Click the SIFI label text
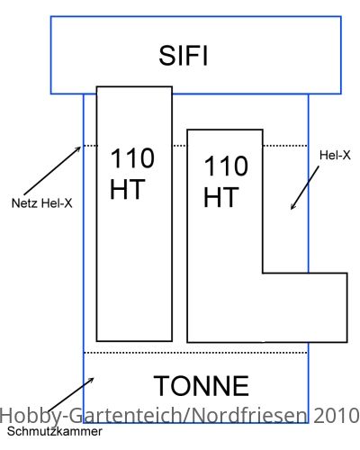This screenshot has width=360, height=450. coord(183,56)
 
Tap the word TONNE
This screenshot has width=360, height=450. coord(202,386)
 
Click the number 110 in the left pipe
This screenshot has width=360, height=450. coord(132,158)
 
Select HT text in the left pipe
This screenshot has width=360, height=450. coord(128,189)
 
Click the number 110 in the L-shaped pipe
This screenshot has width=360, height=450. coord(226,166)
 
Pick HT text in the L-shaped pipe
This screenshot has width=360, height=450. coord(221,197)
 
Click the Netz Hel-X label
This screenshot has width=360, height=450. coord(41,203)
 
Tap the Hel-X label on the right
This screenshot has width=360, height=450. coord(335,155)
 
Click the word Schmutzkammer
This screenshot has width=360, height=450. coord(55,431)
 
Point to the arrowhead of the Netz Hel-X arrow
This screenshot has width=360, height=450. coord(80,147)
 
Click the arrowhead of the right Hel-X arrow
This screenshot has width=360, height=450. coord(292,209)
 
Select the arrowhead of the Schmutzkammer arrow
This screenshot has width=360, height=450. coord(94,378)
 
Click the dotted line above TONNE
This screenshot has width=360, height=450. coord(195,353)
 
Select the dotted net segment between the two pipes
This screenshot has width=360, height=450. coord(180,146)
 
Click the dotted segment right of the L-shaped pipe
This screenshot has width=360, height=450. coord(285,146)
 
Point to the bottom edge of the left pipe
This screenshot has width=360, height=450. coord(134,341)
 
